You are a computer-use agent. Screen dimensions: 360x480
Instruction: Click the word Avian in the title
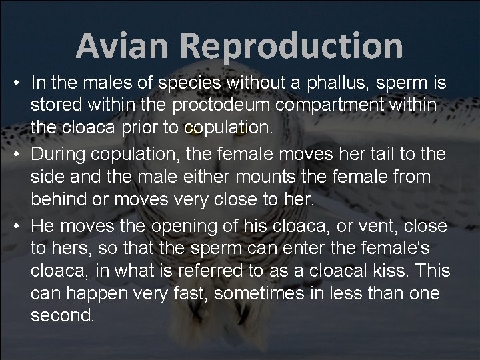[x=121, y=46]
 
